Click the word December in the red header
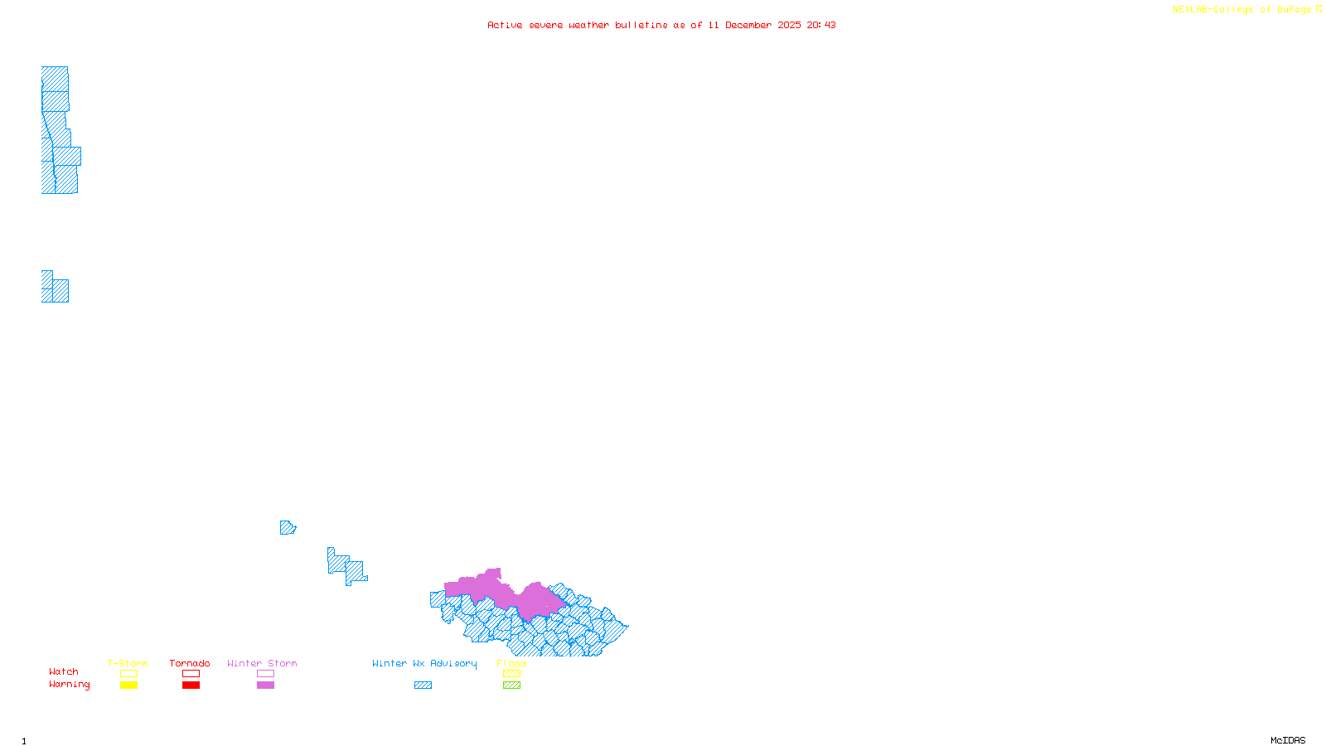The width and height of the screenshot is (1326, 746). tap(748, 25)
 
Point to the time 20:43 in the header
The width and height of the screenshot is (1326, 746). tap(821, 25)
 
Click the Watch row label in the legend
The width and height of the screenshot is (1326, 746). tap(64, 671)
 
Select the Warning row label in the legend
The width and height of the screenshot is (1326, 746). tap(70, 685)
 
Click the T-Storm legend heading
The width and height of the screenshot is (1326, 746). tap(128, 663)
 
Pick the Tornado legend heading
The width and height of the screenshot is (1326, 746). tap(190, 663)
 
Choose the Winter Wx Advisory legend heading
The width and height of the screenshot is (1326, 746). tap(424, 663)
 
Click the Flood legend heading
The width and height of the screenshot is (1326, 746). tap(511, 663)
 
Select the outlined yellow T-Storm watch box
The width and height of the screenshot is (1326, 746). tap(128, 674)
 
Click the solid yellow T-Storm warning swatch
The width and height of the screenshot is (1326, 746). tap(128, 685)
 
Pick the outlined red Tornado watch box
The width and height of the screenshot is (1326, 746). tap(191, 674)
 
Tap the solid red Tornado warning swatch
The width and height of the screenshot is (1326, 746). tap(191, 685)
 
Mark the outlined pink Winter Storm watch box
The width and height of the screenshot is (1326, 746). tap(265, 674)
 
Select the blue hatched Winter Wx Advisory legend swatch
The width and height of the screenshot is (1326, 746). tap(423, 685)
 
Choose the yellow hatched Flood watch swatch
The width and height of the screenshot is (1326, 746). tap(511, 674)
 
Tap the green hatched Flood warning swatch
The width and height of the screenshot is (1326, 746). tap(511, 685)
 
